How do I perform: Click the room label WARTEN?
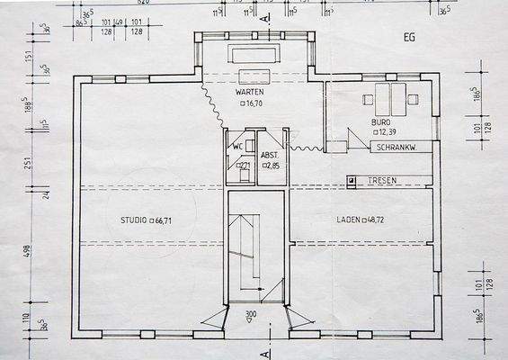pos(249,93)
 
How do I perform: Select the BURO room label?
pos(381,121)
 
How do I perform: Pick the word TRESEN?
pos(382,181)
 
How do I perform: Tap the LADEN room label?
pos(348,219)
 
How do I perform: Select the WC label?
pos(238,146)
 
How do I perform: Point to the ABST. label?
pos(270,155)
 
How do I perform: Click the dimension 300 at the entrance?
pos(252,315)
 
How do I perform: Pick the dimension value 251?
pos(27,163)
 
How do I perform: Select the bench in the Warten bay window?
pos(256,54)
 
